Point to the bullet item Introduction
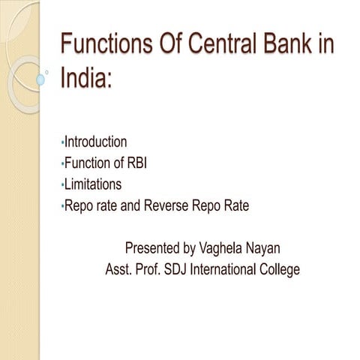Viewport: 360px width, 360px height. tap(95, 141)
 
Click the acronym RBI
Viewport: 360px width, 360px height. tap(134, 162)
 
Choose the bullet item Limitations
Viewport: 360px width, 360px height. tap(93, 183)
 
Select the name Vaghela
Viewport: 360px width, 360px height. tap(223, 247)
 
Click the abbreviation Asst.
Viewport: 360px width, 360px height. tap(121, 268)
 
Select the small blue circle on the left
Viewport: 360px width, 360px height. tap(41, 79)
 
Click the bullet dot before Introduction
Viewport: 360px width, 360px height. tap(61, 142)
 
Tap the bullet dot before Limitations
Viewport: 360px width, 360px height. tap(61, 184)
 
